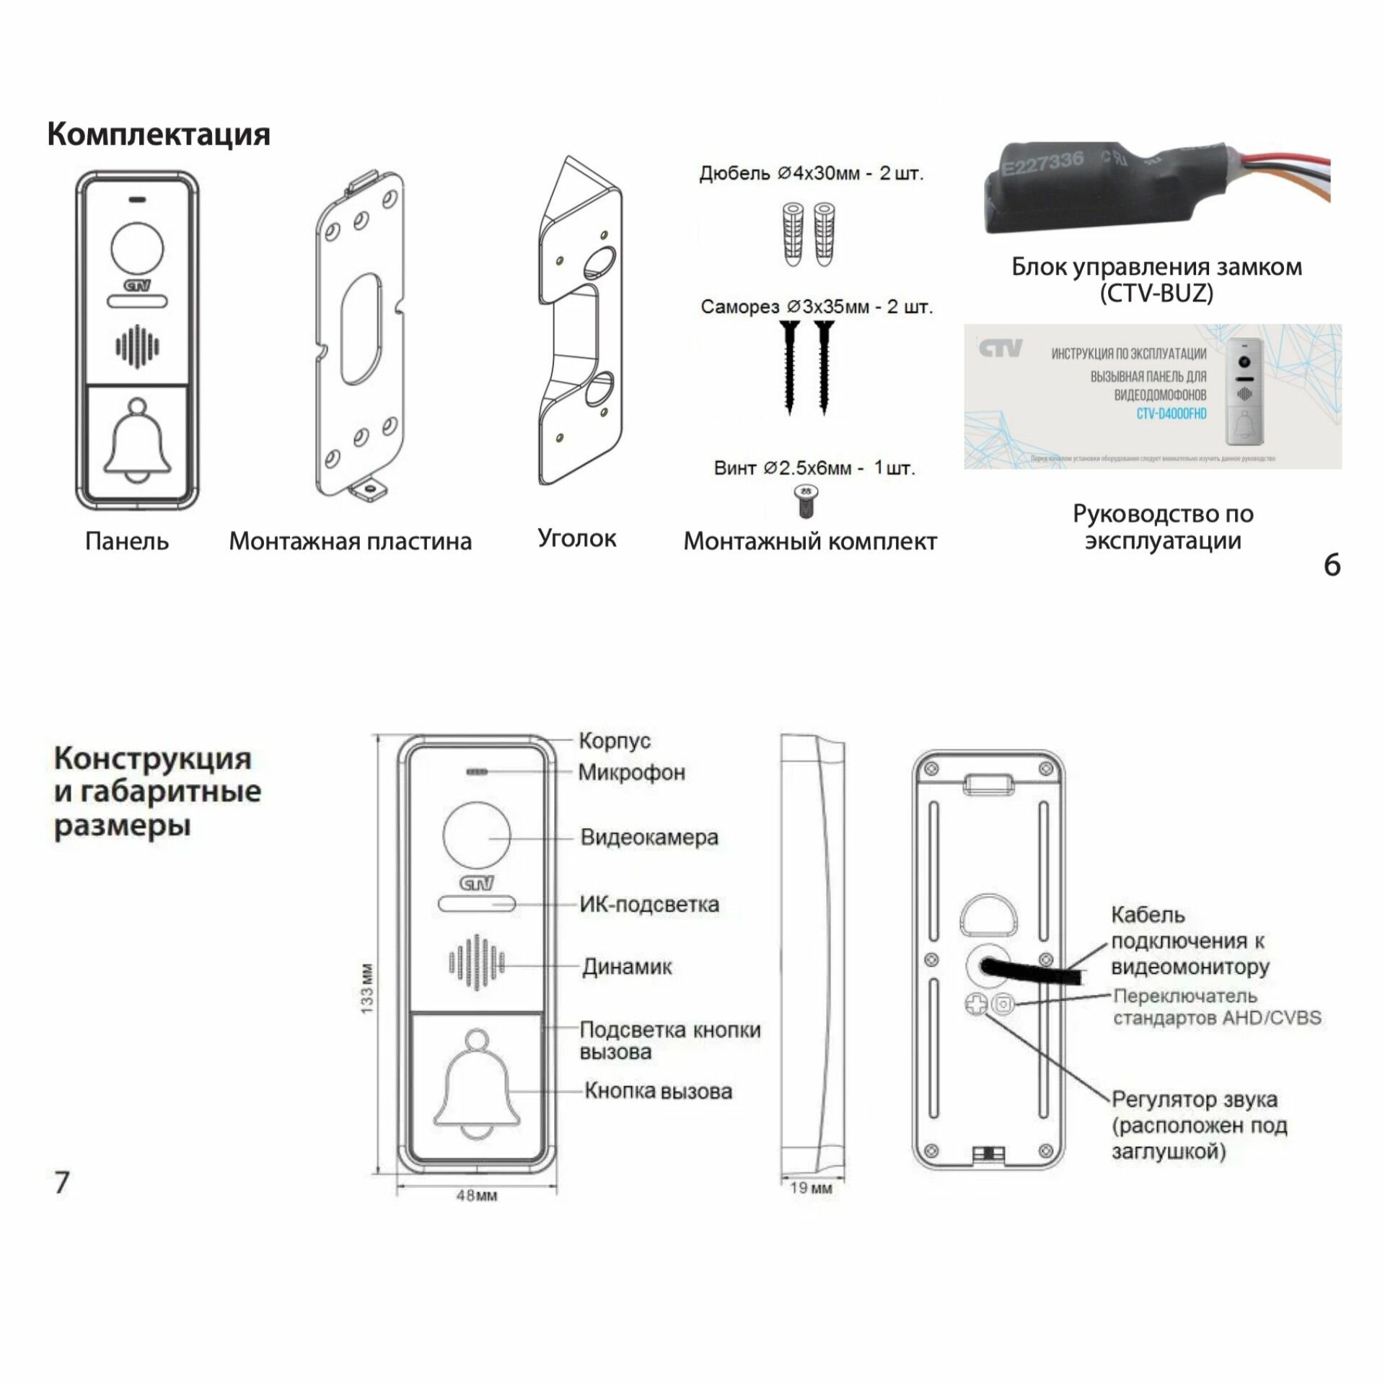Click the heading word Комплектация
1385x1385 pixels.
[159, 135]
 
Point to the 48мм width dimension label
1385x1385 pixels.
[476, 1196]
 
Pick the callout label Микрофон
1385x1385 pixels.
[632, 773]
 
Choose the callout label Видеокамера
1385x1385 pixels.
[649, 837]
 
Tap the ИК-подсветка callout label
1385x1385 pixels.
[649, 905]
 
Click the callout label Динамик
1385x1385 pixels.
[627, 967]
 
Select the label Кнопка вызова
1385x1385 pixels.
[658, 1091]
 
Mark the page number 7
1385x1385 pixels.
[62, 1182]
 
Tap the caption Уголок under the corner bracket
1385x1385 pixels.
[577, 538]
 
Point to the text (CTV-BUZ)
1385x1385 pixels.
[1156, 294]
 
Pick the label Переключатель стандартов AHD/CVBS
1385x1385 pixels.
[1217, 1007]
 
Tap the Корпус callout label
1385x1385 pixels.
[615, 740]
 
